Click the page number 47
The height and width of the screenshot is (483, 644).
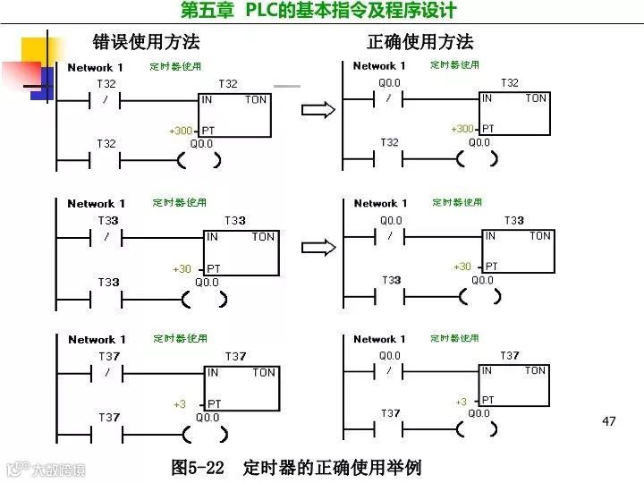point(609,421)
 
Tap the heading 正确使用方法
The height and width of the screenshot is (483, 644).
point(419,42)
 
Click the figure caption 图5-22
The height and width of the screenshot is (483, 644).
point(198,468)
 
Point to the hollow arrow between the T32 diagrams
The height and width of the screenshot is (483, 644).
point(317,109)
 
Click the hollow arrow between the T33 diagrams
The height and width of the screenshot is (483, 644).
point(317,247)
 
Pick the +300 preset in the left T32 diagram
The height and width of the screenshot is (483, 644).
point(181,131)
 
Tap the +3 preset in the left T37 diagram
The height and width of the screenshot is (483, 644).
point(180,404)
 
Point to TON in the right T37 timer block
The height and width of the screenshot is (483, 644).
point(535,370)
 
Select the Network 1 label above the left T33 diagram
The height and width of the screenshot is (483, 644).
point(96,204)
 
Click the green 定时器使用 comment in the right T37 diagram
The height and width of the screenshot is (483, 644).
point(454,339)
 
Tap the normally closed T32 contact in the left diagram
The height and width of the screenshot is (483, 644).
point(106,99)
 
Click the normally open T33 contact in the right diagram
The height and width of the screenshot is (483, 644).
point(391,296)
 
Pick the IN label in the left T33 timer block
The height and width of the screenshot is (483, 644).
point(212,237)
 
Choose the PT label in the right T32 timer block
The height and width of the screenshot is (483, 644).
point(488,129)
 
